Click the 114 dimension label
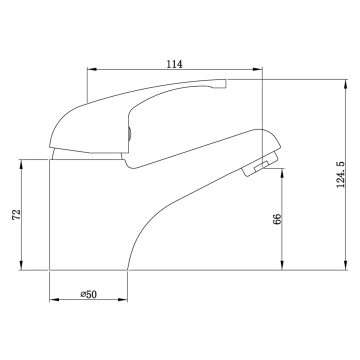click(174, 64)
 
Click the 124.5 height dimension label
click(341, 174)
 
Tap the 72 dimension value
click(16, 214)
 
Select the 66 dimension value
click(277, 219)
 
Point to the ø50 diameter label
click(89, 294)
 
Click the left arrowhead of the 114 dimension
click(92, 69)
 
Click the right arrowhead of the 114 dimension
click(258, 69)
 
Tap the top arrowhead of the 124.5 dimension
click(346, 84)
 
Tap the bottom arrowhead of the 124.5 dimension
click(346, 265)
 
